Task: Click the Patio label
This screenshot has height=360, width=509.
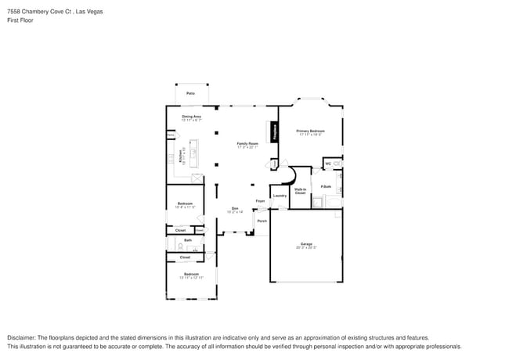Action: [x=190, y=93]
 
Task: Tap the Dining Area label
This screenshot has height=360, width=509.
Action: [x=192, y=117]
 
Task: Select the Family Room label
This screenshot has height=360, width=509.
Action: [x=247, y=143]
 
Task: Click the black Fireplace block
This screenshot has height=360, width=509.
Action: [x=275, y=131]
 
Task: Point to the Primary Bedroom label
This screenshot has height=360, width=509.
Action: [x=310, y=131]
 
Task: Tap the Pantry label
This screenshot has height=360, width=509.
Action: [x=170, y=135]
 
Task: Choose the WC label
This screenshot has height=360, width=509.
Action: [x=328, y=164]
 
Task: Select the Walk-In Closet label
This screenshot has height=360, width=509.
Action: [x=300, y=190]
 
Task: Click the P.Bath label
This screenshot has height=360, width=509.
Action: [x=325, y=186]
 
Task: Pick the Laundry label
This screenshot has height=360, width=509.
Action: [x=279, y=196]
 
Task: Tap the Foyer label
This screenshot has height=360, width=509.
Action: [x=260, y=201]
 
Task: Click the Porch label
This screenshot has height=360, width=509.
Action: [x=262, y=221]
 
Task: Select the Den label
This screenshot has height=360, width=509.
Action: [x=234, y=208]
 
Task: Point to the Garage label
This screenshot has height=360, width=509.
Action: [x=306, y=244]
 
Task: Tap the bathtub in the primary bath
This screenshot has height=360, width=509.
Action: [x=334, y=202]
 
